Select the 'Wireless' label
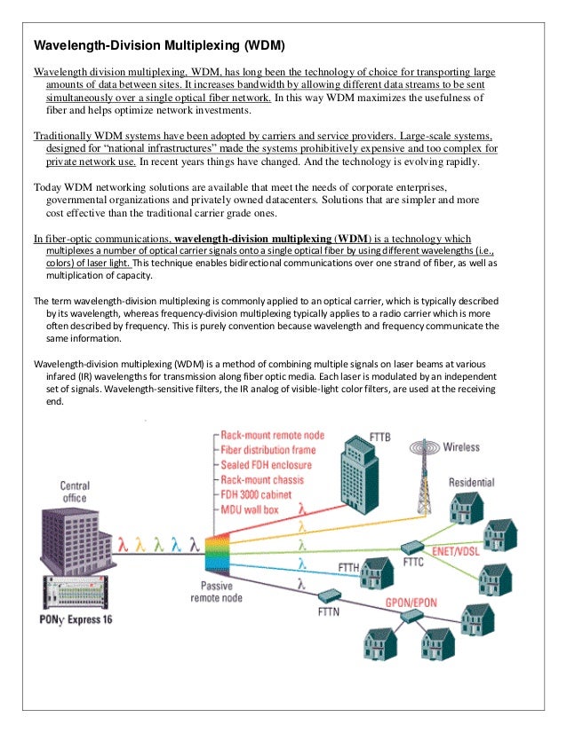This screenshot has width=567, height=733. tap(461, 446)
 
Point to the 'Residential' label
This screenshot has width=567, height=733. tap(471, 483)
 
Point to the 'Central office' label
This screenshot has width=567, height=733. tap(75, 492)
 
